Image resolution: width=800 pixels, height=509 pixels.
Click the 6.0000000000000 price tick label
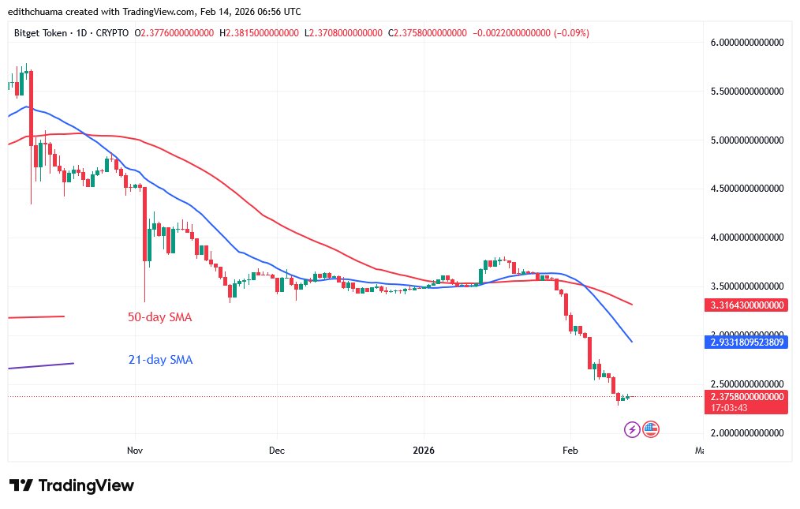(746, 43)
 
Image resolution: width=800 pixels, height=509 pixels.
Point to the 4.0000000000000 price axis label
(746, 238)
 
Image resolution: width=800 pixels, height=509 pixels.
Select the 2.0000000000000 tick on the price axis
(746, 433)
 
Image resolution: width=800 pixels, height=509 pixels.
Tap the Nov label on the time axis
(135, 450)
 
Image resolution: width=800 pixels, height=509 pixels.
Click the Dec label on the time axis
(277, 450)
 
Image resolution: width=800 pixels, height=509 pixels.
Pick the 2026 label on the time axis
(424, 450)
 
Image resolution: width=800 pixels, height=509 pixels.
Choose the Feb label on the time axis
(570, 450)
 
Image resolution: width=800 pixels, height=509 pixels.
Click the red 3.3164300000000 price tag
(746, 305)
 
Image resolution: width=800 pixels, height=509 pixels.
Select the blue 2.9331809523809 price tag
(746, 342)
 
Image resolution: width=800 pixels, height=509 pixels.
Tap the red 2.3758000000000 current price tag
(746, 397)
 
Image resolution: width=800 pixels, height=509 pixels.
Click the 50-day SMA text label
(160, 318)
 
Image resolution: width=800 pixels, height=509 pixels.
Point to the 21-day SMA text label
(160, 360)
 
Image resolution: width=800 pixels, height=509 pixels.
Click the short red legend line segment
(36, 317)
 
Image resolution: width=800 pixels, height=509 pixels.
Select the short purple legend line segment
(40, 365)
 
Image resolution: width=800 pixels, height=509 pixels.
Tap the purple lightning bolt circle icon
(632, 429)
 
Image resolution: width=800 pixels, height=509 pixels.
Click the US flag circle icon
(650, 429)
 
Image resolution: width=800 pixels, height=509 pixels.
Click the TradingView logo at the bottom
(72, 485)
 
